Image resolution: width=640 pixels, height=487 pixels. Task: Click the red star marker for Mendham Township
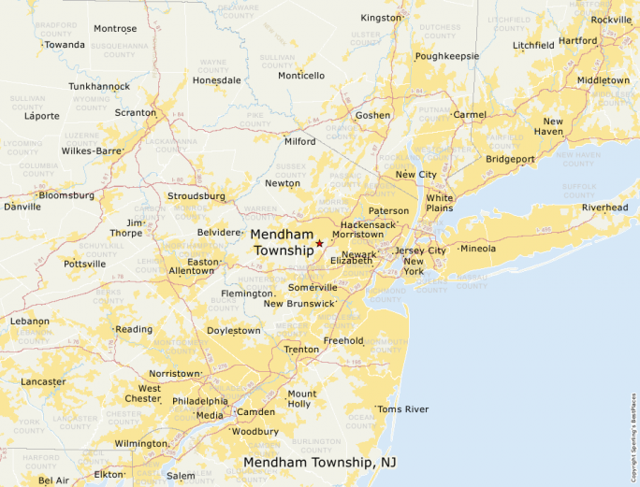[319, 243]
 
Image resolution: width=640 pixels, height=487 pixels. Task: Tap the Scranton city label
[136, 113]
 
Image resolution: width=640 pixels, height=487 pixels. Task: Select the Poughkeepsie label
[447, 56]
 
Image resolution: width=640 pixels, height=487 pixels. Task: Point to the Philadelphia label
[199, 401]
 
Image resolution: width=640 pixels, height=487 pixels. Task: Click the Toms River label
[403, 409]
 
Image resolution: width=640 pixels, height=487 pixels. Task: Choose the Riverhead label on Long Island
[604, 208]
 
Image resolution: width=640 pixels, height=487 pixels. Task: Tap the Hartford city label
[578, 41]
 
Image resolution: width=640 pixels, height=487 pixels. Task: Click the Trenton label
[301, 350]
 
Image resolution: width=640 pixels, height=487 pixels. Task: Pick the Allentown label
[191, 271]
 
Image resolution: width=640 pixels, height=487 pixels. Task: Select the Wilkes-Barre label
[92, 150]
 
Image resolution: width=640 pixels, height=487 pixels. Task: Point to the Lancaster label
[43, 381]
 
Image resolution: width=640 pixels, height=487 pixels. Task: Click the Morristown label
[357, 235]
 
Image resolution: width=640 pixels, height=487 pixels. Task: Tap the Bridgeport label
[510, 159]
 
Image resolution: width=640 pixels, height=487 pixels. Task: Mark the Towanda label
[65, 44]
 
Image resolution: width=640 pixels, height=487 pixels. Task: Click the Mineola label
[477, 249]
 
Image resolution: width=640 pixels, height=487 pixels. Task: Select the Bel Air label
[53, 480]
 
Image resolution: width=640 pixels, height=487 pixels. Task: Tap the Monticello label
[301, 76]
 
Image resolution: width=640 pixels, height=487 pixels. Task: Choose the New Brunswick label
[298, 304]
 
